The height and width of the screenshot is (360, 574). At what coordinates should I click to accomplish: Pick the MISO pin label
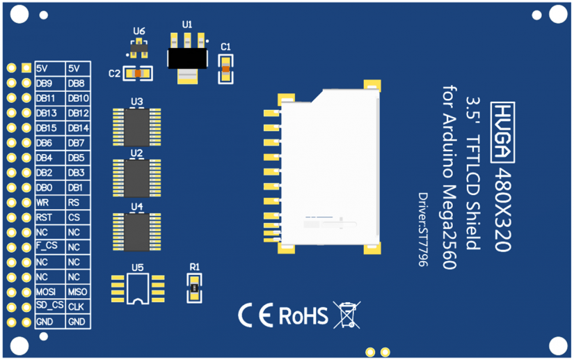coord(77,292)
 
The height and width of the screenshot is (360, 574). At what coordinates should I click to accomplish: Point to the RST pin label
coord(44,217)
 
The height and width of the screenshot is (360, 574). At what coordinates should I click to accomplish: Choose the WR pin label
coord(43,203)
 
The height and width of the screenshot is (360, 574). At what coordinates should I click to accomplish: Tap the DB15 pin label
coord(47,128)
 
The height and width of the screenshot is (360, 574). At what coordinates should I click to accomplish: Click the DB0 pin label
coord(45,187)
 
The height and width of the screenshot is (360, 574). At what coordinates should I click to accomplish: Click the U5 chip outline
coord(138,288)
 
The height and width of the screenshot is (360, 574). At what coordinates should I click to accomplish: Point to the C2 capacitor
coord(137,72)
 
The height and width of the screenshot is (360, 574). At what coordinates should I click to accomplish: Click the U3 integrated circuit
coord(137,125)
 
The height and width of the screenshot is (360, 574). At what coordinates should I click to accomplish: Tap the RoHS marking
coord(303,315)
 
